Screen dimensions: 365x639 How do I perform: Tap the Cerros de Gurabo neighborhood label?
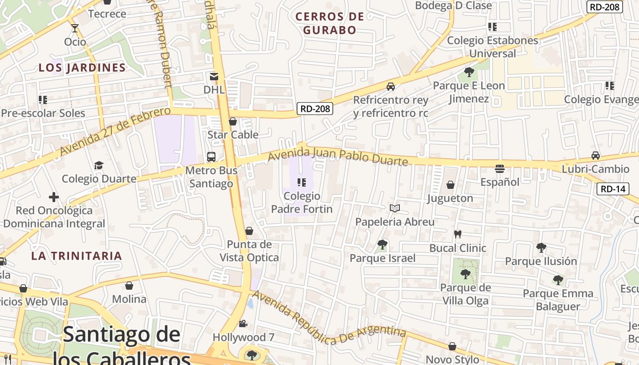point(330,23)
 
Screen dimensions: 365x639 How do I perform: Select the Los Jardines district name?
point(82,68)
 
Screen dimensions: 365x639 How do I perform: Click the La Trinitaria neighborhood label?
point(77,255)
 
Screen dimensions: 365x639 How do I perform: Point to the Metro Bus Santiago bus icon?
point(211,157)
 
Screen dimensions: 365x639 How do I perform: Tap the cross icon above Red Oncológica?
point(54,197)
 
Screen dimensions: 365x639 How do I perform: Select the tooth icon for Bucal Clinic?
point(458,235)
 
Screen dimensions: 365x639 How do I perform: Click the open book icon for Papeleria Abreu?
point(395,209)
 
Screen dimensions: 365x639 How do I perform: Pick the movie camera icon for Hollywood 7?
point(243,323)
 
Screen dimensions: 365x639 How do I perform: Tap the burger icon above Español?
point(500,169)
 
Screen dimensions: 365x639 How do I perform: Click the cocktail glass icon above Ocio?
point(75,28)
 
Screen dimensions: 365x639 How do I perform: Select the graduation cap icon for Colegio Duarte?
point(99,165)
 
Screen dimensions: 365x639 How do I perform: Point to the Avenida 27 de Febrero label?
point(114,131)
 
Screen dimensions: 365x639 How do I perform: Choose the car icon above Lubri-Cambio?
point(596,156)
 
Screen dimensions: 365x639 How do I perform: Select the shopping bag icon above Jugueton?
point(450,185)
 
